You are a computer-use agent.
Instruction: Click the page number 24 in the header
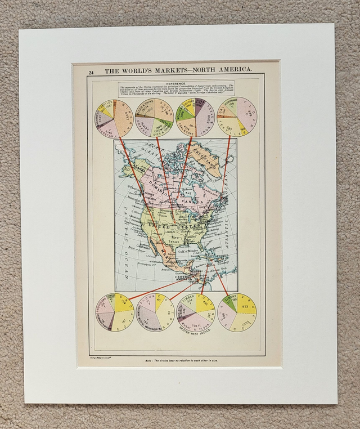coord(91,72)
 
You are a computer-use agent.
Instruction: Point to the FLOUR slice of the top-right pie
coord(247,113)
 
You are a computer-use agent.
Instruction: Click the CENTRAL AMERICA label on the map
coord(187,278)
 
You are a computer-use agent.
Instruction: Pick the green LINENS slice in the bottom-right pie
coord(228,304)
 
